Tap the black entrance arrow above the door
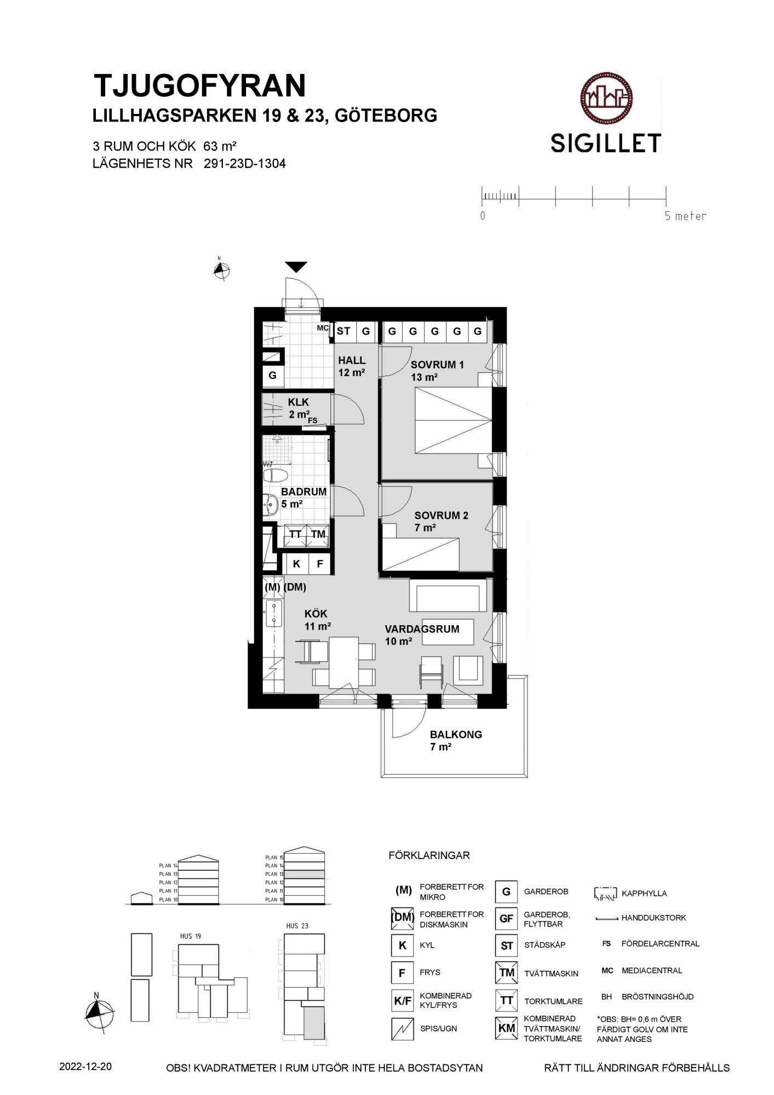tap(296, 267)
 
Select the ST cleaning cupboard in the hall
tap(344, 331)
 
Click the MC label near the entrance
tap(323, 328)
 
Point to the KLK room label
tap(298, 402)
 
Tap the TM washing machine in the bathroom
tap(318, 534)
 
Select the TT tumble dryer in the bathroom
tap(295, 534)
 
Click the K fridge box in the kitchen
tap(296, 564)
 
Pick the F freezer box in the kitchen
tap(320, 564)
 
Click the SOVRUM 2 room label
tap(441, 515)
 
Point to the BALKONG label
tap(456, 735)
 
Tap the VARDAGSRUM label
tap(422, 629)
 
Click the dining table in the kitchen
tap(343, 662)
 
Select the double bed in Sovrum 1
tap(453, 421)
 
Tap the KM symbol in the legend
tap(507, 1028)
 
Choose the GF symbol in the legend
tap(506, 918)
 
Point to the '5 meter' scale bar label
tap(685, 216)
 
